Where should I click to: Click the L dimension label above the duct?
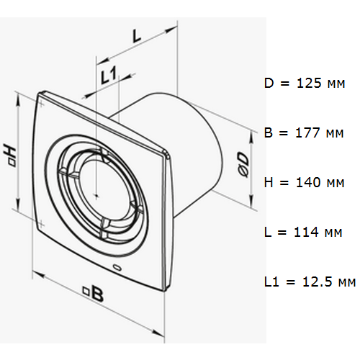click(x=137, y=36)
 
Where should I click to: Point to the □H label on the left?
click(x=10, y=154)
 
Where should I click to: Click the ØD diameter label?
click(x=243, y=164)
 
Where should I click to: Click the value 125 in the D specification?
click(x=309, y=84)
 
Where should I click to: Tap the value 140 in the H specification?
click(x=308, y=182)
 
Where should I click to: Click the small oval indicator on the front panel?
click(x=117, y=266)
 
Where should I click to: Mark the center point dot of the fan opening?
click(x=96, y=196)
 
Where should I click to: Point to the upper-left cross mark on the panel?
click(x=41, y=104)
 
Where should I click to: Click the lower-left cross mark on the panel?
click(x=41, y=225)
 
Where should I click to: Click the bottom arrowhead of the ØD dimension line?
click(x=251, y=201)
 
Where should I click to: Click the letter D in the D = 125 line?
click(x=269, y=84)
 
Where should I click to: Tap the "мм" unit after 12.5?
click(x=347, y=283)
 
